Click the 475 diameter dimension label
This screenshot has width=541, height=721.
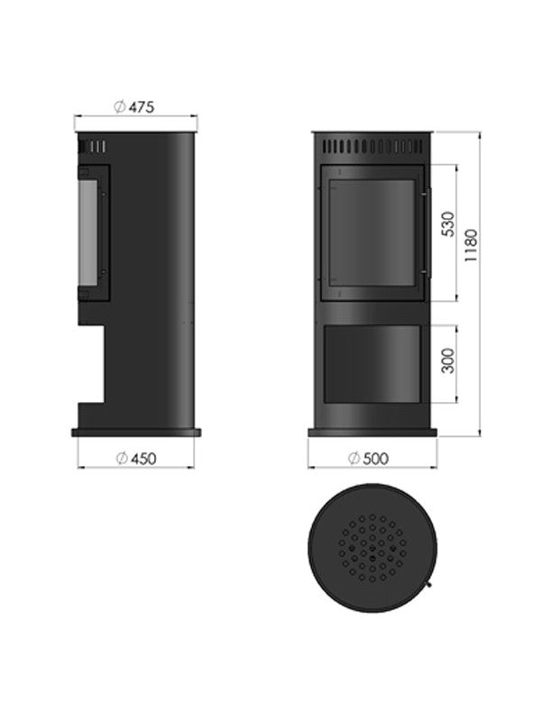(x=142, y=106)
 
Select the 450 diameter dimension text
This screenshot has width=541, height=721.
(x=142, y=458)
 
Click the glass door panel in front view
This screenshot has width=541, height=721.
(x=371, y=230)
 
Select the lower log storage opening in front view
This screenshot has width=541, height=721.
(x=371, y=362)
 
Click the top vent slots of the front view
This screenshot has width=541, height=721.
(x=371, y=145)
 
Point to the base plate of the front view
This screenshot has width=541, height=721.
(x=371, y=433)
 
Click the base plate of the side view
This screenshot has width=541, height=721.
(x=135, y=433)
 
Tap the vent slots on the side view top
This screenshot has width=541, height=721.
(x=94, y=146)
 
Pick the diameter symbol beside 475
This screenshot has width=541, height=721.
(x=120, y=106)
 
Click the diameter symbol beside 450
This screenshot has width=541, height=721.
(x=121, y=458)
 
